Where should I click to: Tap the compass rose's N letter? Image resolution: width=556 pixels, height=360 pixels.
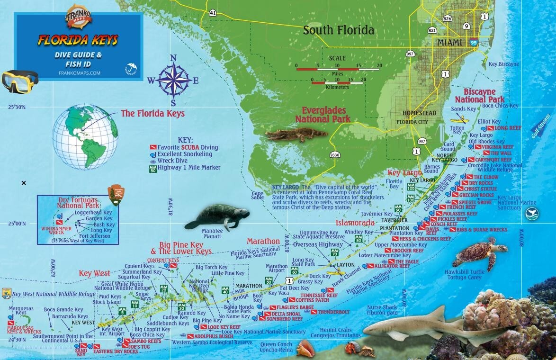(173, 58)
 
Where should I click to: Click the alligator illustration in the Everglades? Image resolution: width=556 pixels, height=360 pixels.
(296, 135)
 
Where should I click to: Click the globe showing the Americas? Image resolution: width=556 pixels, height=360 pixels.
(85, 136)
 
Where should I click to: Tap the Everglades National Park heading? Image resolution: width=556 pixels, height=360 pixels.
(323, 114)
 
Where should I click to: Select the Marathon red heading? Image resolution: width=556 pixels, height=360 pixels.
(263, 241)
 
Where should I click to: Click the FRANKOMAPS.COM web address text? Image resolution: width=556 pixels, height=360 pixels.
(79, 73)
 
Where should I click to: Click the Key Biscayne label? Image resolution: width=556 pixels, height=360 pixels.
(503, 64)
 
